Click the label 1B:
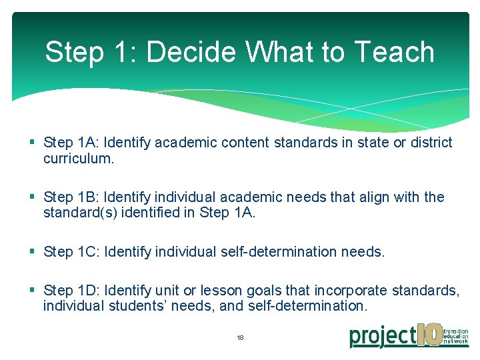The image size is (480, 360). (89, 197)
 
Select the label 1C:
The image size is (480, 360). (89, 252)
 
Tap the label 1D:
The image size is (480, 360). (89, 291)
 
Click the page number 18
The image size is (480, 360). (240, 338)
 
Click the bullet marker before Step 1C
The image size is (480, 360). (33, 252)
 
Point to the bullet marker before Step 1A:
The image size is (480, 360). (33, 143)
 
